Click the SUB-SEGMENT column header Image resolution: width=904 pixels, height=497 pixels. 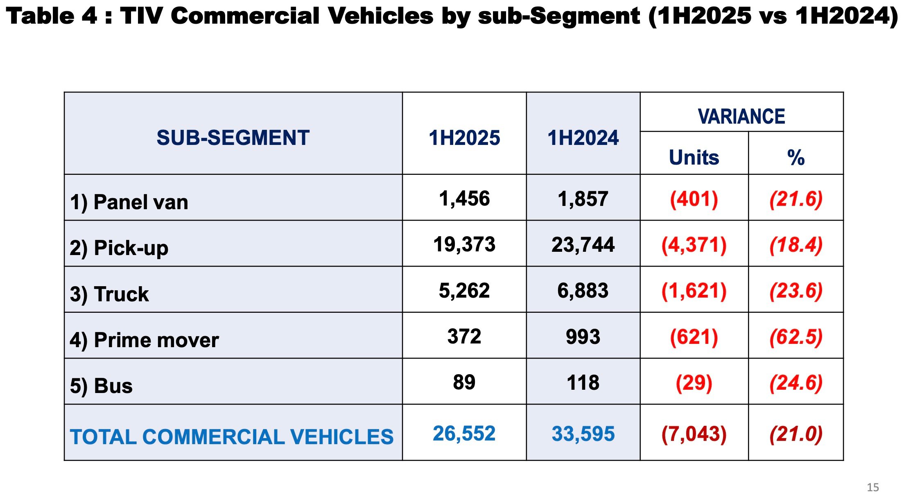pyautogui.click(x=233, y=138)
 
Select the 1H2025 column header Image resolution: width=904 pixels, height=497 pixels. pyautogui.click(x=464, y=138)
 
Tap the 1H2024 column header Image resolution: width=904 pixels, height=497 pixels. pyautogui.click(x=583, y=138)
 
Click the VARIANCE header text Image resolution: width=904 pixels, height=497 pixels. pyautogui.click(x=741, y=116)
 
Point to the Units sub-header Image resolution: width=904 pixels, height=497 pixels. pyautogui.click(x=694, y=157)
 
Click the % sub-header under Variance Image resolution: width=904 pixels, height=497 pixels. pyautogui.click(x=796, y=157)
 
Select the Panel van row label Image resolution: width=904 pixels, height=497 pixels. pyautogui.click(x=129, y=202)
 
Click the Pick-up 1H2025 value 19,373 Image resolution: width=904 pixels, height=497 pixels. pyautogui.click(x=464, y=244)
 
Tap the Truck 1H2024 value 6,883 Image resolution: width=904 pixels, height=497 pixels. pyautogui.click(x=583, y=291)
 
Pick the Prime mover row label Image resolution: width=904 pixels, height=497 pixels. pyautogui.click(x=144, y=340)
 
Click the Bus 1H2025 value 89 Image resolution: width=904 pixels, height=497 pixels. pyautogui.click(x=464, y=382)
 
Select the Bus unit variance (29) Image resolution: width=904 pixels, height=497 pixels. pyautogui.click(x=694, y=383)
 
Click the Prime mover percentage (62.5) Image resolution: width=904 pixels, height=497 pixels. pyautogui.click(x=796, y=337)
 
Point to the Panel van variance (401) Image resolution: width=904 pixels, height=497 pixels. pyautogui.click(x=694, y=199)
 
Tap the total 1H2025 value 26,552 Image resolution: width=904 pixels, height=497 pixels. pyautogui.click(x=464, y=434)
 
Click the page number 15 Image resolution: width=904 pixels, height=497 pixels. pyautogui.click(x=872, y=487)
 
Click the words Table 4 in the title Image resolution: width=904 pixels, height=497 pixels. pyautogui.click(x=52, y=16)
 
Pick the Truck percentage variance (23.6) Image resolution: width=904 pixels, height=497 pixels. pyautogui.click(x=796, y=291)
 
